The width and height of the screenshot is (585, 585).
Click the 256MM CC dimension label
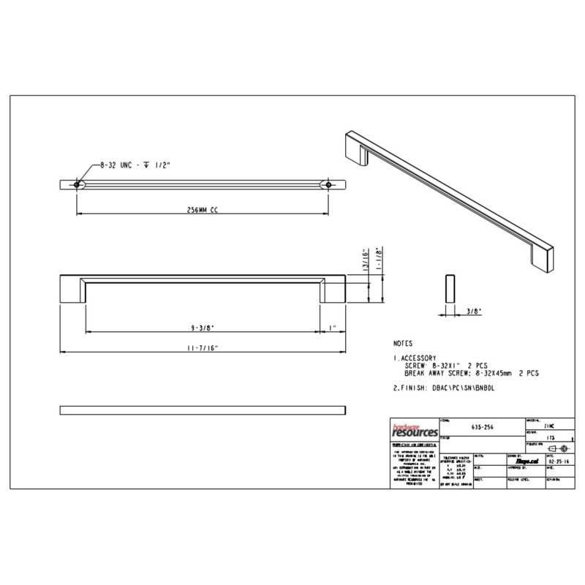click(204, 210)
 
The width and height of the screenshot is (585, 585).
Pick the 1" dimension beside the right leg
click(332, 328)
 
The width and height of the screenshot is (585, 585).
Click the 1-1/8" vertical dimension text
click(380, 260)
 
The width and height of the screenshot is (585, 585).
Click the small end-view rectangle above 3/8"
click(449, 289)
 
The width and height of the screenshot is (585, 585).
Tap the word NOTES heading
click(402, 342)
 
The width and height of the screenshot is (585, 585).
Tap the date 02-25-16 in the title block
click(557, 462)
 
